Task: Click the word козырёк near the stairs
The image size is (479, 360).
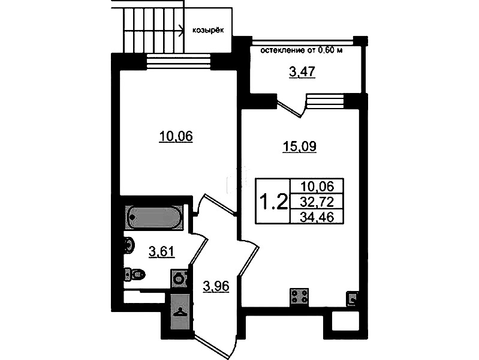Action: [x=208, y=30]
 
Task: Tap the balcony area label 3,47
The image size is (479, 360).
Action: [x=302, y=72]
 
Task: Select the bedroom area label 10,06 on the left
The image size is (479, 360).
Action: [x=176, y=136]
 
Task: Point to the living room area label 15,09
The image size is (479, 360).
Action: [x=299, y=146]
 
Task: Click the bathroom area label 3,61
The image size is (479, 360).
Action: [x=162, y=252]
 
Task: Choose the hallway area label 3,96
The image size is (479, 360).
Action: [x=216, y=286]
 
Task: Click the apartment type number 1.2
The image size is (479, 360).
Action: [x=273, y=202]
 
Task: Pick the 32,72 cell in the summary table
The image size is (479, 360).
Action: [x=317, y=202]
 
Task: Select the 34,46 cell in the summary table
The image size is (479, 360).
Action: [x=317, y=217]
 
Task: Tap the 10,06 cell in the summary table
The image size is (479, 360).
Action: [x=317, y=186]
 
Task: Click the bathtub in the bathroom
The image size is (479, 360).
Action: [x=154, y=217]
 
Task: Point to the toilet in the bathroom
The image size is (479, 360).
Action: [x=134, y=274]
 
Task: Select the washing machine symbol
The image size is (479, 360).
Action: [x=179, y=278]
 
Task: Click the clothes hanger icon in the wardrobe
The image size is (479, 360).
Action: [x=180, y=311]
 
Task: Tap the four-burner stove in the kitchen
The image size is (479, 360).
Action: [x=299, y=297]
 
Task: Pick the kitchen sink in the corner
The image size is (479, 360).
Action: [x=352, y=298]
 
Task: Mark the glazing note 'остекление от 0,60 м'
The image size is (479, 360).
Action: [x=301, y=50]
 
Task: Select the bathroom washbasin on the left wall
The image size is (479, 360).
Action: [x=129, y=245]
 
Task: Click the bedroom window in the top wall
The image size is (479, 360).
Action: [x=179, y=62]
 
